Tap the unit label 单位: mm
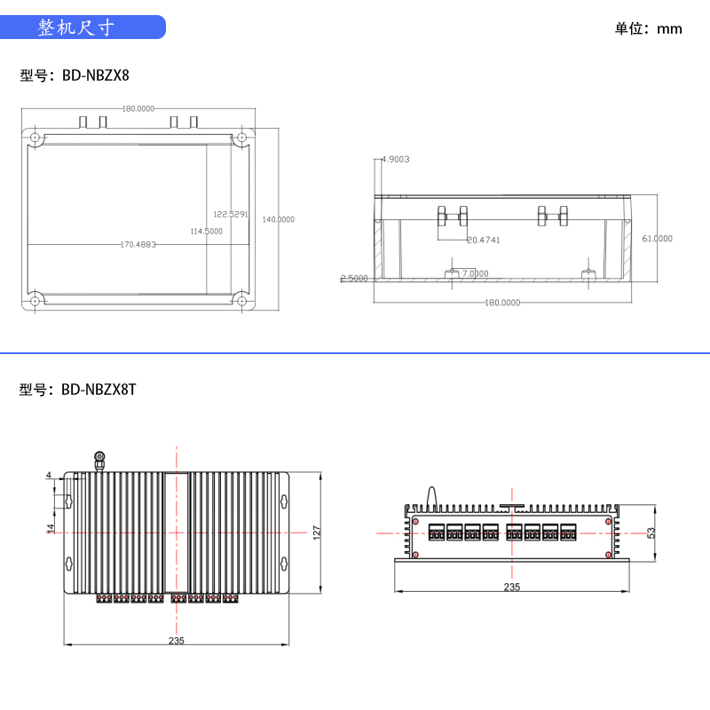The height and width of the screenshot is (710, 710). (649, 28)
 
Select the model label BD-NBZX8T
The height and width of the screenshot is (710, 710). (77, 390)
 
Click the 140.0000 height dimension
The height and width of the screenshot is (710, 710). (279, 219)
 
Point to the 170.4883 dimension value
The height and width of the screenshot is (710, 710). (138, 244)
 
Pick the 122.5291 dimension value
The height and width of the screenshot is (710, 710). (231, 214)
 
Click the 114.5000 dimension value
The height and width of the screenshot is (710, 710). (207, 231)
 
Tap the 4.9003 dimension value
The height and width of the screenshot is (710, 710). (395, 160)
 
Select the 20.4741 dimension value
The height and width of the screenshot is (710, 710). (484, 240)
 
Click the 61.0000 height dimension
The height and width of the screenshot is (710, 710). (657, 238)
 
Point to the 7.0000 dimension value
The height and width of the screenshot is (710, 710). (474, 273)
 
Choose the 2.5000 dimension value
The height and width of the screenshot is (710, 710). (354, 279)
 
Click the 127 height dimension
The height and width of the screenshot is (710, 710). (317, 532)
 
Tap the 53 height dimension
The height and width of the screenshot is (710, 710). (651, 532)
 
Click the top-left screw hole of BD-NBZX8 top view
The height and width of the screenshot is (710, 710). (35, 138)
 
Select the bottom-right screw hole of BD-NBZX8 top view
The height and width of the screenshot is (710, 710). (241, 301)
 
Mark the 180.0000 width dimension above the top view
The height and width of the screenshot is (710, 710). (138, 108)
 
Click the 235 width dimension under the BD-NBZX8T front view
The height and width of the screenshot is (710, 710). (512, 588)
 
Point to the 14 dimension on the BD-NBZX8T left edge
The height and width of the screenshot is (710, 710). (51, 527)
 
